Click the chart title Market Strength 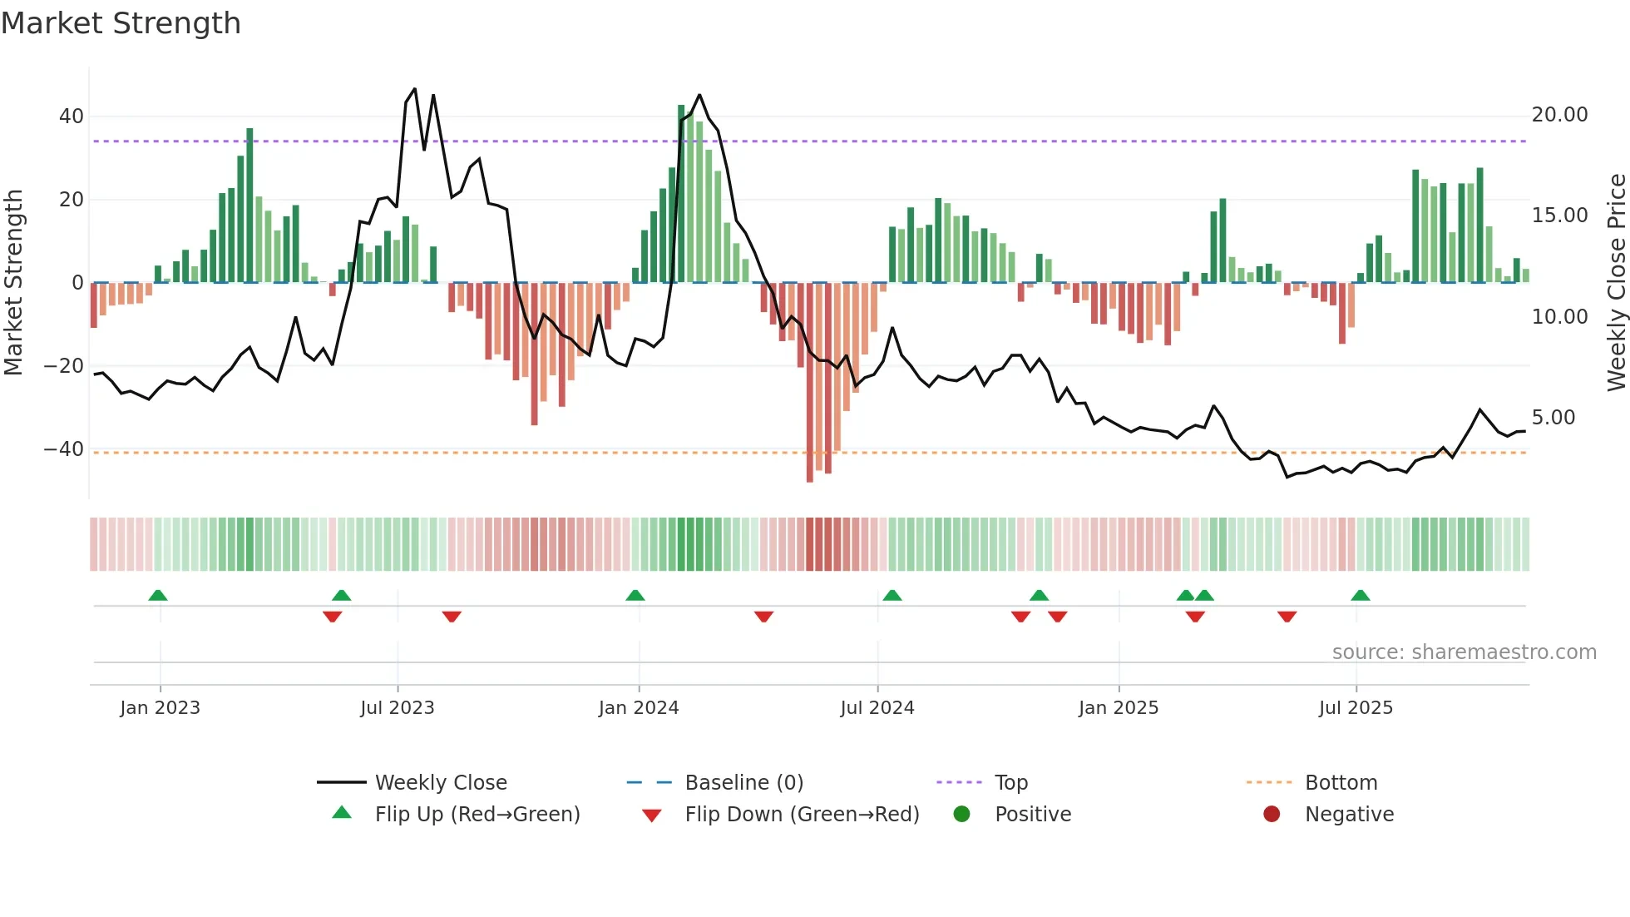coord(121,23)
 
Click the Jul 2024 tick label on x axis coord(877,707)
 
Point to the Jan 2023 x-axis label coord(160,707)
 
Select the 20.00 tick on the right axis coord(1559,115)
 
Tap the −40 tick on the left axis coord(64,449)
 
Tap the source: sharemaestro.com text coord(1464,652)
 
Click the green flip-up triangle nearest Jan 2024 coord(635,595)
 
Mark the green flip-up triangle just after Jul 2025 coord(1361,595)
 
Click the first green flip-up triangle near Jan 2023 coord(158,595)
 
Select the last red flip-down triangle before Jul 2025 coord(1287,616)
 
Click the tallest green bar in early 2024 coord(681,193)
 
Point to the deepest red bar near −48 coord(810,383)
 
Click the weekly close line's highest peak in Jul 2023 coord(414,89)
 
